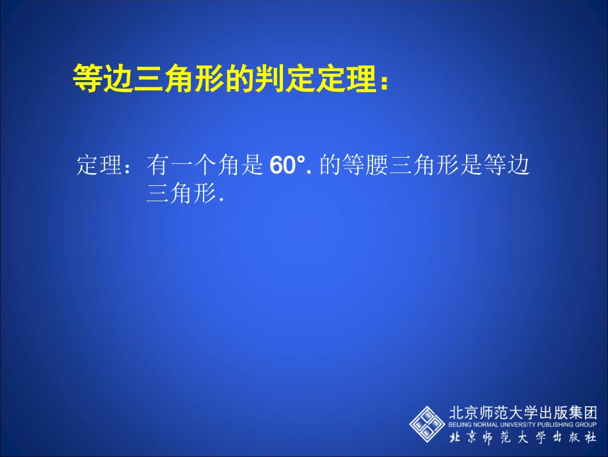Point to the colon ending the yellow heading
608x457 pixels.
383,82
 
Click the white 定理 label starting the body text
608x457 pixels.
99,167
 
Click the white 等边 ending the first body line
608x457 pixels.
509,167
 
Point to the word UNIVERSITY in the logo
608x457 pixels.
523,425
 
